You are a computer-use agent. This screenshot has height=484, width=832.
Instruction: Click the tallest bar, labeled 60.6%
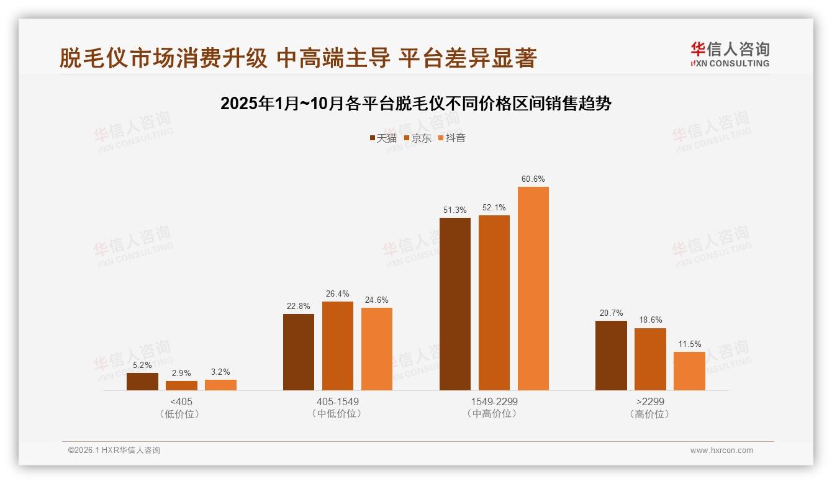click(533, 289)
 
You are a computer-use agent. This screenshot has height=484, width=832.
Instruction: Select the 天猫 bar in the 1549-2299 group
click(454, 304)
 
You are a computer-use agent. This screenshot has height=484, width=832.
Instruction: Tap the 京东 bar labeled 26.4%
click(338, 346)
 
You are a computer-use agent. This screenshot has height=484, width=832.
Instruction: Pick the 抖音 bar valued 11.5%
click(689, 371)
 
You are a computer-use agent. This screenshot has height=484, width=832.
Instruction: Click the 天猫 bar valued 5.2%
click(142, 382)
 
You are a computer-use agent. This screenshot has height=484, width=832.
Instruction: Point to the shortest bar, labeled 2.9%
click(181, 385)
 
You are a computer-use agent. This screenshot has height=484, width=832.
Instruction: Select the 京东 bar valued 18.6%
click(650, 359)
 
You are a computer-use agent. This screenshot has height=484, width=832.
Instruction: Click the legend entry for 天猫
click(383, 138)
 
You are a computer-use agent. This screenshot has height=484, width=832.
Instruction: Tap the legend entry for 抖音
click(452, 138)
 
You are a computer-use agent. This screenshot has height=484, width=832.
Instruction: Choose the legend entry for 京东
click(417, 138)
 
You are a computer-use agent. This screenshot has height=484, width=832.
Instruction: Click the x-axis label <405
click(181, 401)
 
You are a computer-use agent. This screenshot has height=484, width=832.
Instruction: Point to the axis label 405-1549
click(337, 401)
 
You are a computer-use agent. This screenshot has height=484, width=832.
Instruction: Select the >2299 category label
click(650, 401)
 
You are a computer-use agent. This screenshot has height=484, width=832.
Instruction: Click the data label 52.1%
click(494, 208)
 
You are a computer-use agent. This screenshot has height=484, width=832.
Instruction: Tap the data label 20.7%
click(611, 313)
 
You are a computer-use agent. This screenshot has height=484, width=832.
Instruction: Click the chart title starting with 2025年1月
click(416, 104)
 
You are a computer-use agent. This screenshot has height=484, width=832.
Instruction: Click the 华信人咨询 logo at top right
click(730, 54)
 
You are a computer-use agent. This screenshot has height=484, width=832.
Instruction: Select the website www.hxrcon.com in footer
click(721, 450)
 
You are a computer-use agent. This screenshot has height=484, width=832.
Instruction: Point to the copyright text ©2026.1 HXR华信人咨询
click(114, 450)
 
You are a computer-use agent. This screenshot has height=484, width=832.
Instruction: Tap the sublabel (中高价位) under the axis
click(494, 414)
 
